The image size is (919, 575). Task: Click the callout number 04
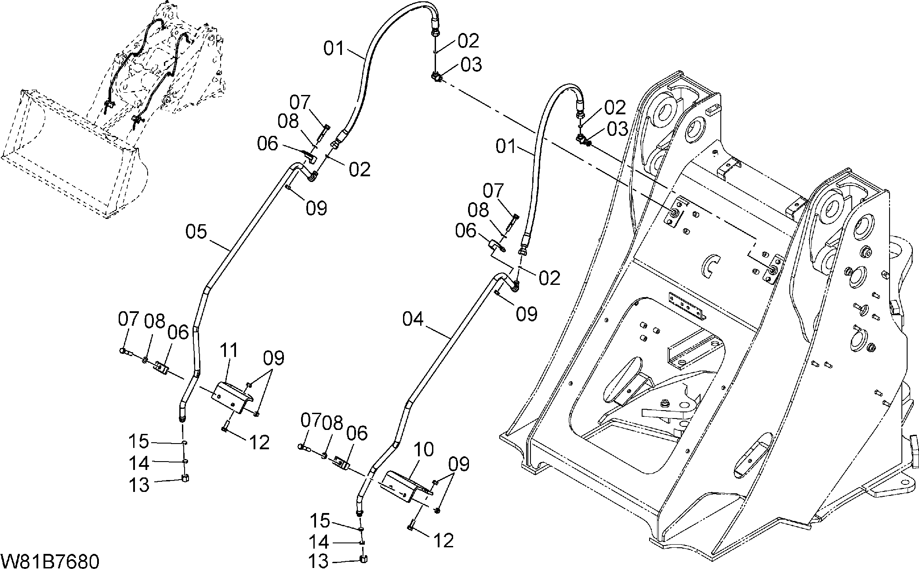click(413, 319)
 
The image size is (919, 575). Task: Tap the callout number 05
click(196, 232)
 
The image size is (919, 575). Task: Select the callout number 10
click(423, 450)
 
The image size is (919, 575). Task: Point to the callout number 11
click(229, 351)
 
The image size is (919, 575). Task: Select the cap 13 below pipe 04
click(363, 559)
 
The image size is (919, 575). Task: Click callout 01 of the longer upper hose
click(334, 48)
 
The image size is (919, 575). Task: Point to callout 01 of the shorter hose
click(507, 146)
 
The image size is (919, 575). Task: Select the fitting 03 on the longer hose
click(436, 77)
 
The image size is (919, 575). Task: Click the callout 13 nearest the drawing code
click(318, 561)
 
